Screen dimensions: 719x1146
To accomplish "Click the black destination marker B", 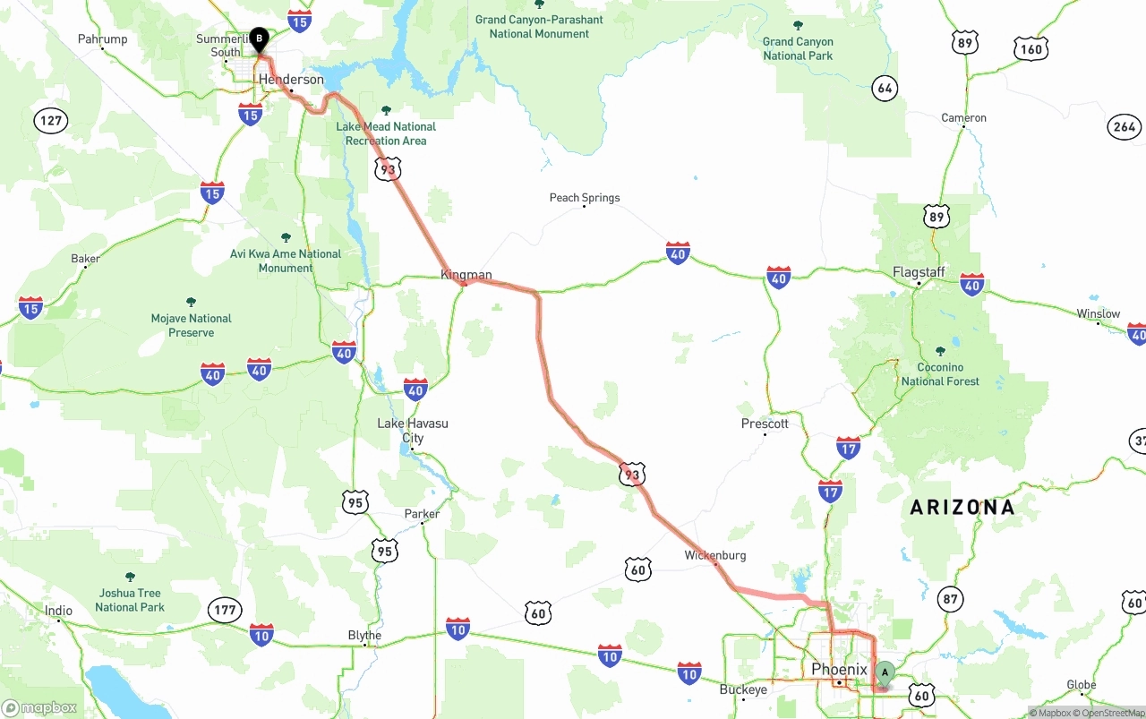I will (x=259, y=39).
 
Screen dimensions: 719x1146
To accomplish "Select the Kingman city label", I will (x=466, y=275).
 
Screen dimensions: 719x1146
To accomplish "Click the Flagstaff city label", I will (x=919, y=272).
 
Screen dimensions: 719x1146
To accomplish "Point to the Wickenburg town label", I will (x=714, y=555).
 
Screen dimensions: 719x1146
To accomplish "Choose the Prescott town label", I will (x=765, y=424).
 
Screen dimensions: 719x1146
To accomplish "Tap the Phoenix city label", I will (x=839, y=669).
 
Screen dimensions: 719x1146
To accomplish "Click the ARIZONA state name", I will (x=962, y=508).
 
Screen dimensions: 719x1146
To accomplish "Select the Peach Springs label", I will (x=585, y=198).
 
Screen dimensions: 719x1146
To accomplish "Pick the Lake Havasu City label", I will (x=413, y=431).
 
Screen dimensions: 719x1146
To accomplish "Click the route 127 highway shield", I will (x=51, y=121).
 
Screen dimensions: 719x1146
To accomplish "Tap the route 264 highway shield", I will (x=1125, y=127).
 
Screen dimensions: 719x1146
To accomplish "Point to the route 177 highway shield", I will (x=225, y=611).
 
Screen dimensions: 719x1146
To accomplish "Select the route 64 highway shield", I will (x=885, y=88).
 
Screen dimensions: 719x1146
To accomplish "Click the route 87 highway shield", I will (x=950, y=598).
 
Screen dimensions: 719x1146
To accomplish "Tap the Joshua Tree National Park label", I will (x=130, y=600).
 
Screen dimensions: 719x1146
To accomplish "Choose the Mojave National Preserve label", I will (x=191, y=325).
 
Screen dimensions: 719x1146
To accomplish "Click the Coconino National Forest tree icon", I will (x=940, y=352).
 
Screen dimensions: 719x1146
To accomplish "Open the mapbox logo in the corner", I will (x=39, y=707).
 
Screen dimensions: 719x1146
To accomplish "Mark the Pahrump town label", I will (x=103, y=39).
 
